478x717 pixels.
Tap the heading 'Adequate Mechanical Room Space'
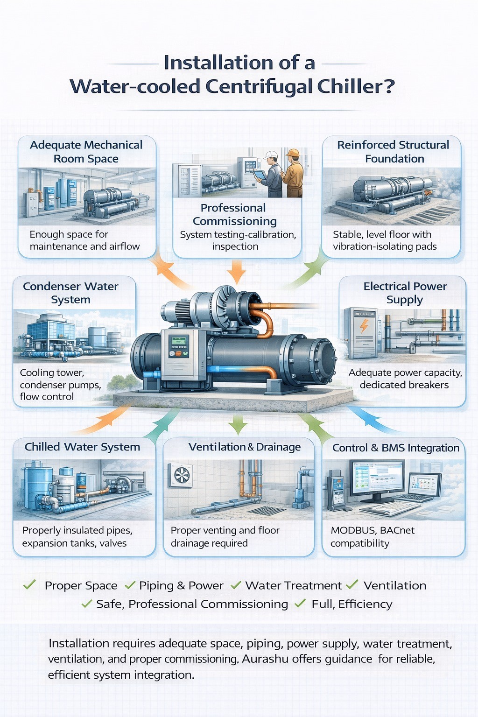(x=86, y=152)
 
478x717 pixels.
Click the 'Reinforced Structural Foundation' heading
(x=393, y=152)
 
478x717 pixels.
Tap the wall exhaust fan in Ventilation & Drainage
(x=181, y=475)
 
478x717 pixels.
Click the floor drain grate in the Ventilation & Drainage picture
(x=266, y=510)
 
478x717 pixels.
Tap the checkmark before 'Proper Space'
(x=29, y=584)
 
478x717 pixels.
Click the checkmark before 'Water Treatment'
(x=236, y=585)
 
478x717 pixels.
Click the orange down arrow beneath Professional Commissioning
(x=237, y=272)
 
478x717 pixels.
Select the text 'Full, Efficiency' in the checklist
(x=351, y=604)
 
